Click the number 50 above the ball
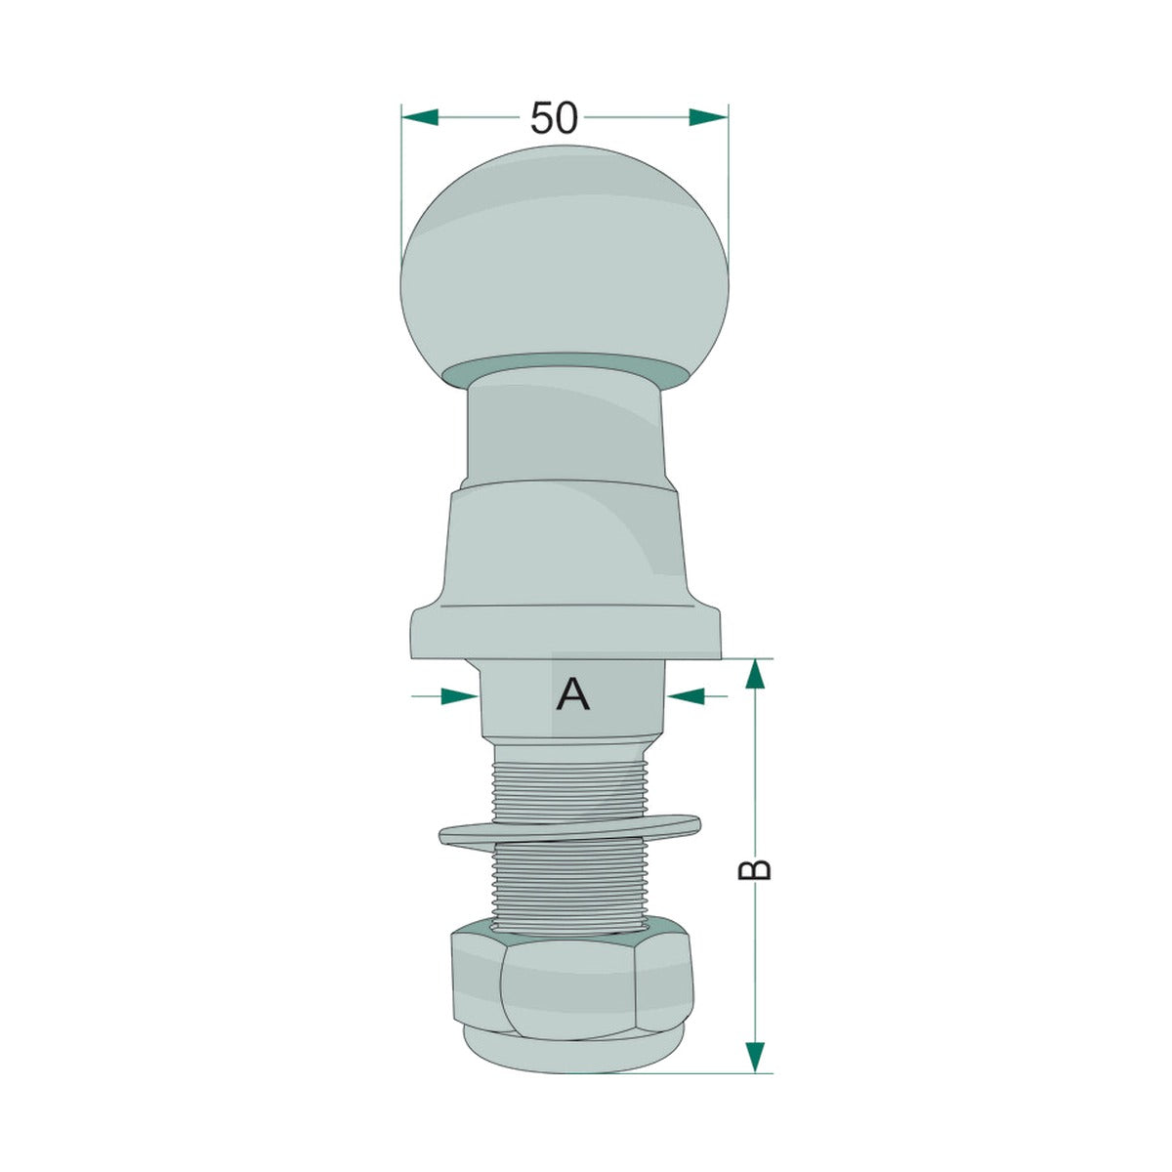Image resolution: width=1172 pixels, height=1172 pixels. [x=554, y=117]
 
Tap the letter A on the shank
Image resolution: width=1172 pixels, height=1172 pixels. [x=572, y=694]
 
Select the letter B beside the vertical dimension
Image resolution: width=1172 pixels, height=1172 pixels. [x=754, y=870]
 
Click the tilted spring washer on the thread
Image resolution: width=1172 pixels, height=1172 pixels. [x=569, y=831]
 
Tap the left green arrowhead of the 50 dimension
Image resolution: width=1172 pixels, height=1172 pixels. [x=420, y=117]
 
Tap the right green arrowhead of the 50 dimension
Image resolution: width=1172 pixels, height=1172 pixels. [x=708, y=117]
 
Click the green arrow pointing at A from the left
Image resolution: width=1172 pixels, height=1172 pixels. [x=444, y=695]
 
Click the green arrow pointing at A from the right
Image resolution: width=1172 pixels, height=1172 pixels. [x=697, y=695]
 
